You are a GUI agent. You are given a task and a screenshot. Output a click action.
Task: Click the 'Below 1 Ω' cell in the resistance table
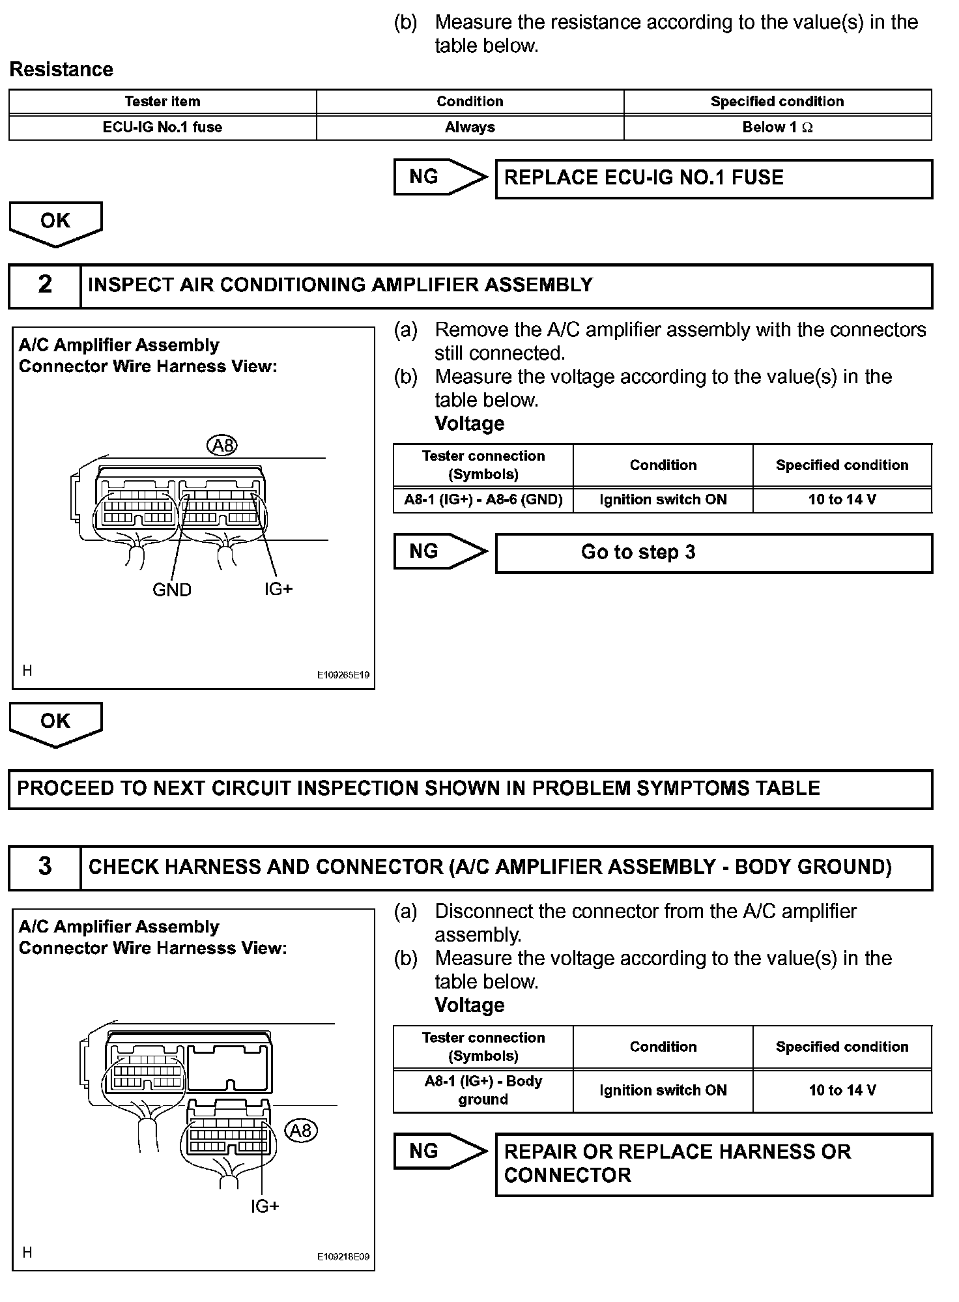coord(777,128)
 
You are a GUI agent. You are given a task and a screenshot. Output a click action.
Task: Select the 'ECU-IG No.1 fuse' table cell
coord(162,128)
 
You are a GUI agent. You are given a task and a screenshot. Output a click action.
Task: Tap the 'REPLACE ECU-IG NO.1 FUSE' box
coord(713,179)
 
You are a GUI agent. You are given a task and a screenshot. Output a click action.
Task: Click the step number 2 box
coord(44,285)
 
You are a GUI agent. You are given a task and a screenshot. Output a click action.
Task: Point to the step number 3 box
coord(44,867)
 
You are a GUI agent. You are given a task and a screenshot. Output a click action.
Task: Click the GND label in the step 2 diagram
coord(172,590)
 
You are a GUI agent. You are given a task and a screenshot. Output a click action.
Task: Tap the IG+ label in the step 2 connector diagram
coord(278,589)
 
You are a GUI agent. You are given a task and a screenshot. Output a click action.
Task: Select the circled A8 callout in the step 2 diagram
coord(222,446)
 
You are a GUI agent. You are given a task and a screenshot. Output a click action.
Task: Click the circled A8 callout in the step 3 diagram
coord(300,1131)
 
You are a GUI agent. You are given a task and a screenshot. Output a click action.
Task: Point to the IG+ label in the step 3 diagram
coord(265,1206)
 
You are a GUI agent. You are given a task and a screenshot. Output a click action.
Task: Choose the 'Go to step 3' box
coord(713,553)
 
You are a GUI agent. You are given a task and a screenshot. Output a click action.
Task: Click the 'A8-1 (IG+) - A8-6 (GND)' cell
coord(483,500)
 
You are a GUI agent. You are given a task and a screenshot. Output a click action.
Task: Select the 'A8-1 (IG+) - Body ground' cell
coord(483,1090)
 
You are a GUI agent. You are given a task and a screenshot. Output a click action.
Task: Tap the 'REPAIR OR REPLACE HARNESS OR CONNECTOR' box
coord(713,1165)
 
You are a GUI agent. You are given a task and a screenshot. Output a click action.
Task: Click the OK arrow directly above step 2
coord(55,223)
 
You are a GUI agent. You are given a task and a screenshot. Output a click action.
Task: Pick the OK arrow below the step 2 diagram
coord(55,723)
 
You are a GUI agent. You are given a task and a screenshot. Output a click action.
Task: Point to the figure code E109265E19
coord(343,675)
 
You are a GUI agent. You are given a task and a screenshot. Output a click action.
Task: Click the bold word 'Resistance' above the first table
coord(61,70)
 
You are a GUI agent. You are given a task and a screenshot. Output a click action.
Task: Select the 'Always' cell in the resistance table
coord(470,128)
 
